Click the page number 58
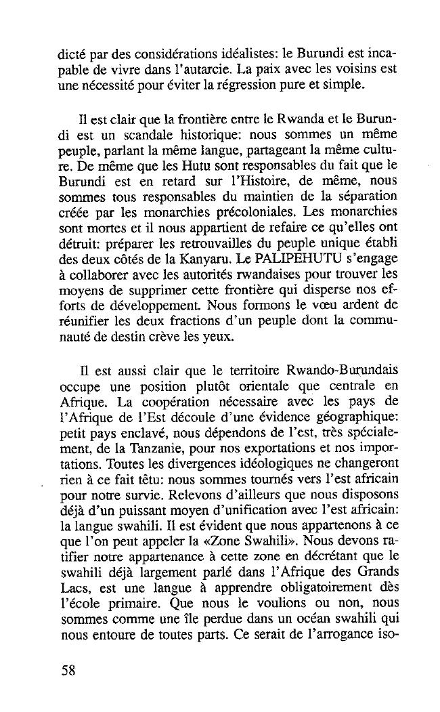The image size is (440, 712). tap(67, 671)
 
